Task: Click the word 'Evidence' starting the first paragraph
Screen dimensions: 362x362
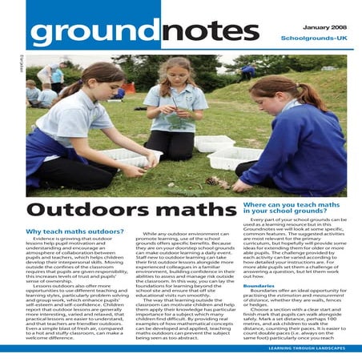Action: (x=48, y=239)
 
